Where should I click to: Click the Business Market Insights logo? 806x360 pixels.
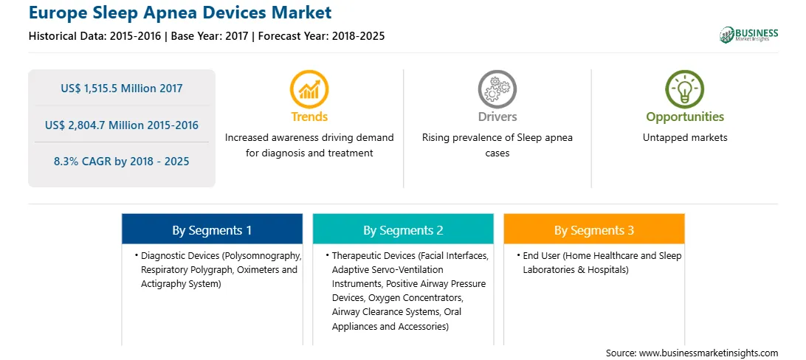(x=748, y=35)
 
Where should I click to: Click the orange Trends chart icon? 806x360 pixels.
(x=309, y=89)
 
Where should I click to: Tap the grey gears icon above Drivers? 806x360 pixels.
(x=497, y=89)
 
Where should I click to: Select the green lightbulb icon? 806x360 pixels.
(x=685, y=89)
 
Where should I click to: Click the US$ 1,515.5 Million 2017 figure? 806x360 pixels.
(x=121, y=88)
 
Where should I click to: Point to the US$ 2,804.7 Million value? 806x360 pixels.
(x=102, y=125)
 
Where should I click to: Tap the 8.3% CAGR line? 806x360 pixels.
(x=121, y=162)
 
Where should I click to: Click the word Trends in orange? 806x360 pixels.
(x=309, y=117)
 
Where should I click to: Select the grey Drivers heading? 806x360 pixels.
(x=497, y=117)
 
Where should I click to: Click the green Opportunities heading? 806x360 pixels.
(x=685, y=117)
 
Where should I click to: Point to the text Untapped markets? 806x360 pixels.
(x=685, y=138)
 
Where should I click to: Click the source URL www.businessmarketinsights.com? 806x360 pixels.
(x=709, y=353)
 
